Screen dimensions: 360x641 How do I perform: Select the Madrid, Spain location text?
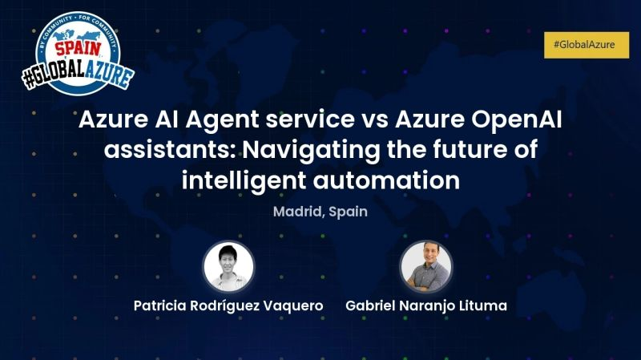320,212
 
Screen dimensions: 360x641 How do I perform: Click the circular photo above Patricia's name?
228,266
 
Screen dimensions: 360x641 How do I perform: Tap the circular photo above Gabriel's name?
425,266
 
